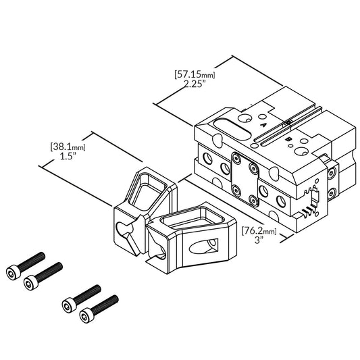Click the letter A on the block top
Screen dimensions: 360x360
click(263, 124)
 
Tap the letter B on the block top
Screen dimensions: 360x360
click(289, 139)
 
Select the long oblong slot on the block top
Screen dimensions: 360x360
click(233, 126)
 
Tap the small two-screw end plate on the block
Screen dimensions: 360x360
click(331, 175)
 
